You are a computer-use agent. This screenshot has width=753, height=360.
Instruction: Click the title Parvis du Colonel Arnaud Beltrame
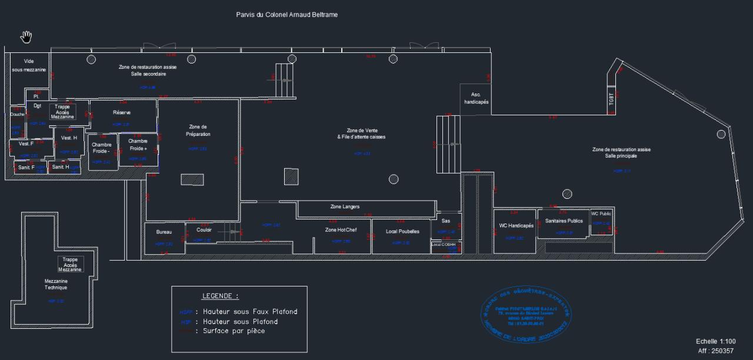(286, 14)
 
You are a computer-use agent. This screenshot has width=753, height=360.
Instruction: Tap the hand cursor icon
(26, 37)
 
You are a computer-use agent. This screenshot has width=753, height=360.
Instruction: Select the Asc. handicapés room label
(476, 98)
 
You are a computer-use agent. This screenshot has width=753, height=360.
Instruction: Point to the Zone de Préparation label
(198, 131)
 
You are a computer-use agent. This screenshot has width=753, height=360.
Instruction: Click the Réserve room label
(122, 112)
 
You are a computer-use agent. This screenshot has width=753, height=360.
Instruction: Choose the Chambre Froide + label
(138, 145)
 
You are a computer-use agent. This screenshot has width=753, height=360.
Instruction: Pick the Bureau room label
(164, 232)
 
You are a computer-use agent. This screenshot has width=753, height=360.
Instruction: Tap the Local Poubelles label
(402, 231)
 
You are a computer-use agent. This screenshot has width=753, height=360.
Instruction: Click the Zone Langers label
(345, 207)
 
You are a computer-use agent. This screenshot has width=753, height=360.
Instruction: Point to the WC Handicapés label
(516, 226)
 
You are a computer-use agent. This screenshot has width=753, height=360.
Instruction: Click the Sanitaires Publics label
(564, 221)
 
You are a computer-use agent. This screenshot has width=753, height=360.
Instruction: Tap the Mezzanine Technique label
(56, 284)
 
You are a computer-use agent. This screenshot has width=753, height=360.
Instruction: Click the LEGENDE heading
(220, 296)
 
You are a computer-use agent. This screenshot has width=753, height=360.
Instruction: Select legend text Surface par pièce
(234, 331)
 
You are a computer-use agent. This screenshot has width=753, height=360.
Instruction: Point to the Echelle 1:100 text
(715, 341)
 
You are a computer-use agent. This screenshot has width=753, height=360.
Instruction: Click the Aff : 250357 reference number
(716, 351)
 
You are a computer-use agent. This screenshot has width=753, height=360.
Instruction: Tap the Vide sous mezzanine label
(29, 65)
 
